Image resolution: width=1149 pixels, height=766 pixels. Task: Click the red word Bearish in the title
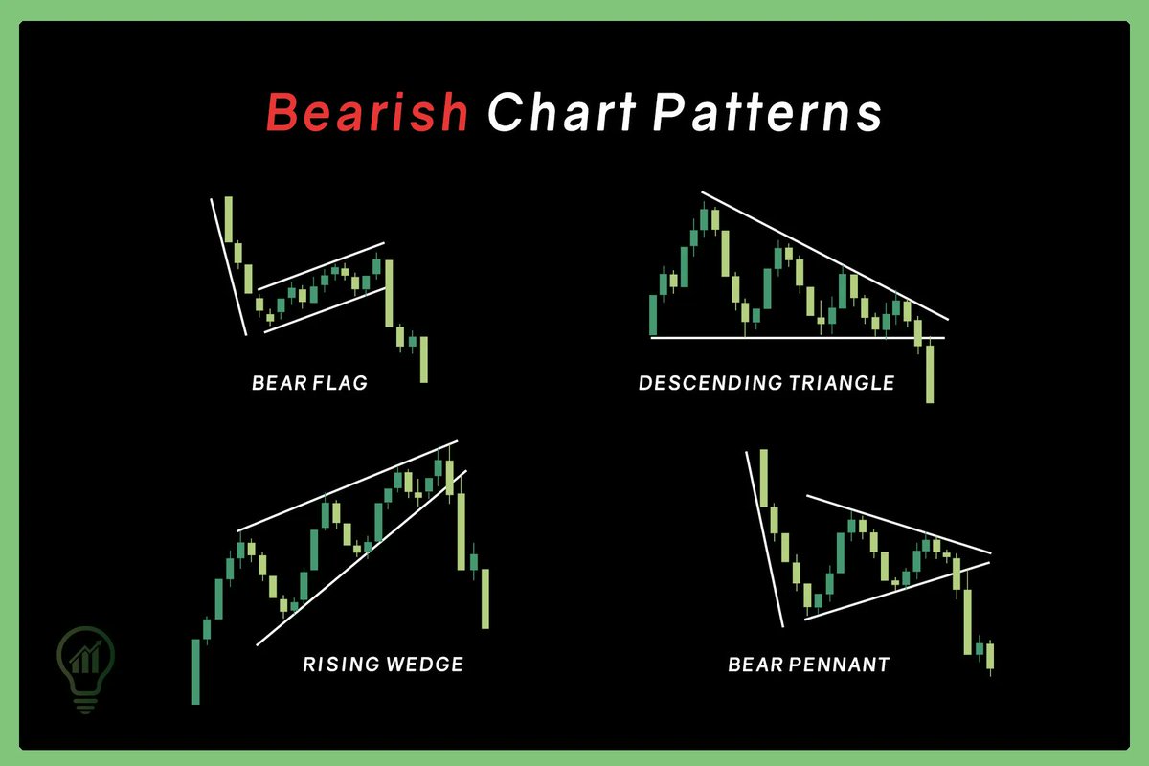[x=367, y=113]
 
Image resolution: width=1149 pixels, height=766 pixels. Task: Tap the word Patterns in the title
[x=766, y=113]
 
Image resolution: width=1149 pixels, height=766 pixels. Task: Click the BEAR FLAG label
[x=309, y=384]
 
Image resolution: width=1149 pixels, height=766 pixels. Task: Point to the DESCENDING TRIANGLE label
[x=766, y=384]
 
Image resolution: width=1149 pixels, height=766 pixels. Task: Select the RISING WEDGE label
[x=383, y=664]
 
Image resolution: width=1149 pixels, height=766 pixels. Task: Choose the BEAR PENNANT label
[x=808, y=664]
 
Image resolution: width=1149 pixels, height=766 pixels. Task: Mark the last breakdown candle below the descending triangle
[x=929, y=373]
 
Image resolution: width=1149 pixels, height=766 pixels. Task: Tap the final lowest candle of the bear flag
[x=423, y=359]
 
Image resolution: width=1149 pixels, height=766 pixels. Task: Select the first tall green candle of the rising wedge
[x=196, y=670]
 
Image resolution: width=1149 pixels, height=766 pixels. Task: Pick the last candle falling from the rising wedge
[x=484, y=598]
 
